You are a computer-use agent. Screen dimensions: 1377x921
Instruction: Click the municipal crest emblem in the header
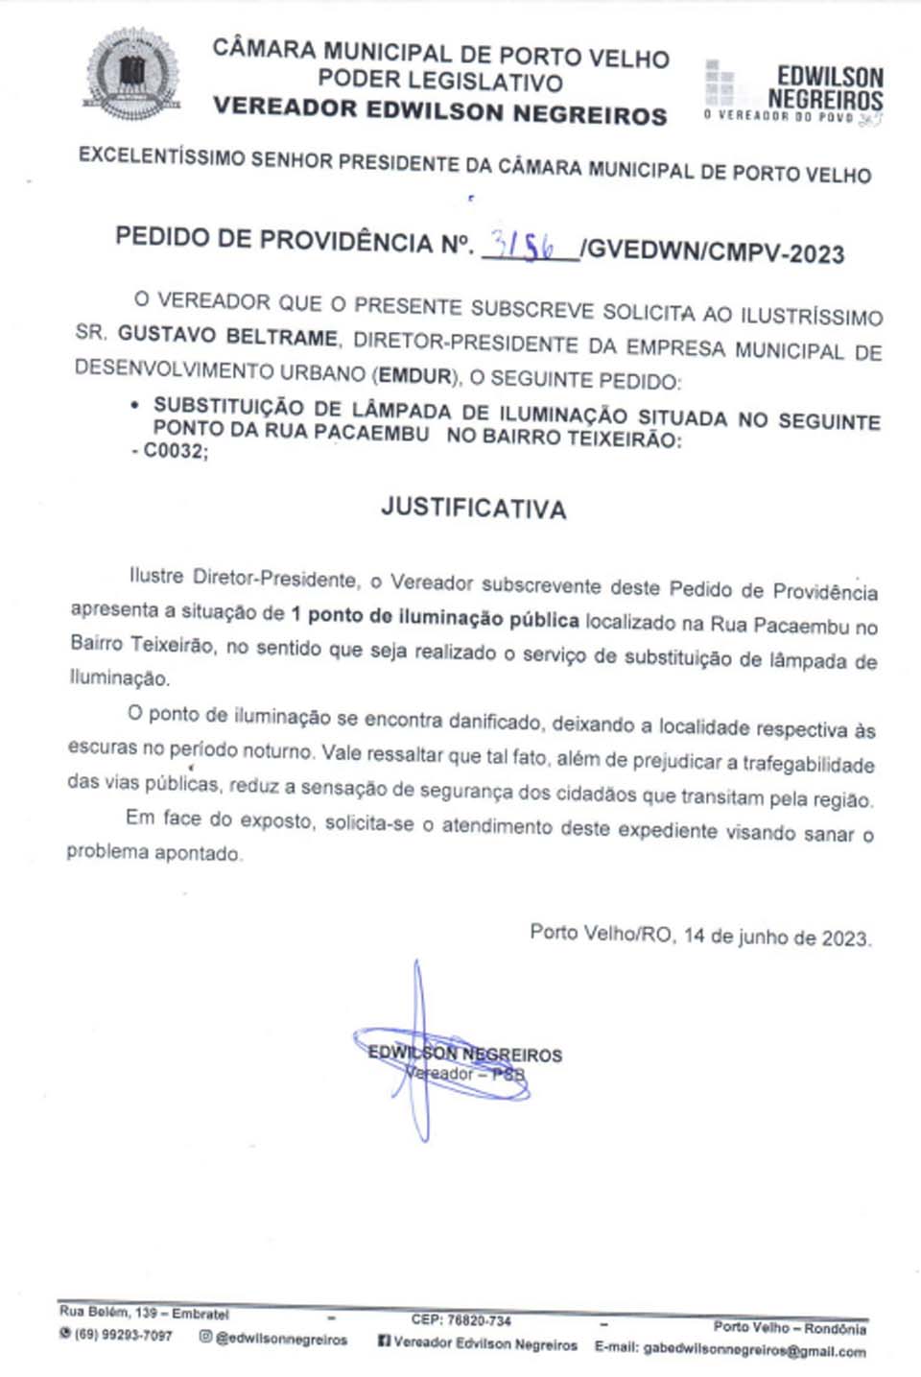131,75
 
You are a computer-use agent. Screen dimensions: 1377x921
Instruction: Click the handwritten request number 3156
524,246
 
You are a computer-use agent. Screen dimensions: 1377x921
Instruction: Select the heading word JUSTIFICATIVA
473,508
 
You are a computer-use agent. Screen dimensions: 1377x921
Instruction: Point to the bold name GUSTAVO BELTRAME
227,336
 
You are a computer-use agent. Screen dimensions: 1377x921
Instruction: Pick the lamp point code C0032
176,451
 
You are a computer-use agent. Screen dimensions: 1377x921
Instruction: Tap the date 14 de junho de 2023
776,938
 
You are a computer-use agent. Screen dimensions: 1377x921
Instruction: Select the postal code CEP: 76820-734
460,1321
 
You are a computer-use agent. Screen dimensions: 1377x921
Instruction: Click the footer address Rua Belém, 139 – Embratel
144,1313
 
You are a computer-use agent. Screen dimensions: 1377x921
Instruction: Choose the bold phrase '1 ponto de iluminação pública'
435,617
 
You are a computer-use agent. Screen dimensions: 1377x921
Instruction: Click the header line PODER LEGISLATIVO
440,82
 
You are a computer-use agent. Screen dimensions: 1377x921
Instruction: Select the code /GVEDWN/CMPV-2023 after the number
712,251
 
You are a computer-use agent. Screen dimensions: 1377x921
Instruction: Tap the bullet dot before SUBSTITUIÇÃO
135,406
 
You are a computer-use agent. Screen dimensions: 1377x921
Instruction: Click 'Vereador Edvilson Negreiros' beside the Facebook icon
485,1344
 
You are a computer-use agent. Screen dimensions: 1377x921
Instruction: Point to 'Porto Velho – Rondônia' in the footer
789,1328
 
